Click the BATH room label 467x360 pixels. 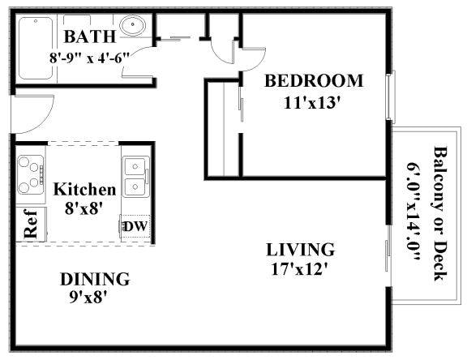tap(90, 36)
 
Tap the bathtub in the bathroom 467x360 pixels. tap(36, 48)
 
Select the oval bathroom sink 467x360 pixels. tap(132, 25)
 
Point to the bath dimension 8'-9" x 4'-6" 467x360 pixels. tap(90, 58)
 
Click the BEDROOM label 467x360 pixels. tap(314, 81)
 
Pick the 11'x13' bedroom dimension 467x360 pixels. tap(312, 103)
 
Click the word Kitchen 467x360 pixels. tap(84, 190)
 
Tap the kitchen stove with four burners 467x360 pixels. tap(30, 175)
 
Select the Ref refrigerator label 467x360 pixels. tap(31, 224)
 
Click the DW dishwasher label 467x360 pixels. tap(135, 226)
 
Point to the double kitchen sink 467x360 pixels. tap(136, 177)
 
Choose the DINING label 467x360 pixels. tap(95, 279)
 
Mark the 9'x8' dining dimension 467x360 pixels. tap(88, 297)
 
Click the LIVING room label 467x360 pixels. tap(301, 250)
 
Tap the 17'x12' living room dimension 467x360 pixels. tap(300, 269)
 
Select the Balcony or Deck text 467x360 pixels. tap(440, 213)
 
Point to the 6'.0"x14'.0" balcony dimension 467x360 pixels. tap(413, 212)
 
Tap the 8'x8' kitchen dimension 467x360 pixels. tap(84, 208)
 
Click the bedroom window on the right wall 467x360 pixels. tap(391, 96)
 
